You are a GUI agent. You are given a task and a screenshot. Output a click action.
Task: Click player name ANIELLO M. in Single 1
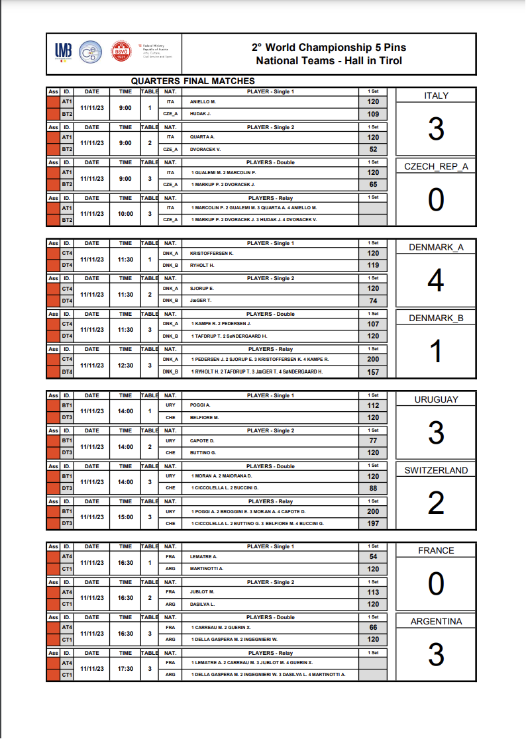point(203,102)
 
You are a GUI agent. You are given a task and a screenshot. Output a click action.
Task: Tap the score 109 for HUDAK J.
point(374,114)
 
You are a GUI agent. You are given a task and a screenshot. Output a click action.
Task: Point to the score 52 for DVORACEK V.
point(374,150)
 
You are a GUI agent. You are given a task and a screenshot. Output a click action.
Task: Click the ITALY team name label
point(436,95)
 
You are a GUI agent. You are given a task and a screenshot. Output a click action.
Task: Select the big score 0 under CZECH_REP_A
point(436,200)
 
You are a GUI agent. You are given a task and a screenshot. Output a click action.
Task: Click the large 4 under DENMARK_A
point(436,281)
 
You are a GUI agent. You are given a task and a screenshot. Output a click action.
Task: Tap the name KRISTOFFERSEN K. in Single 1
point(212,254)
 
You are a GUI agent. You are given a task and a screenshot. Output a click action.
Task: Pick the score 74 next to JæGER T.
point(374,301)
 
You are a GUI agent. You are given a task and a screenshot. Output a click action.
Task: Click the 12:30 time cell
point(125,366)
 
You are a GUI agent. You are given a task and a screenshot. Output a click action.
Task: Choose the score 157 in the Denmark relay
point(374,372)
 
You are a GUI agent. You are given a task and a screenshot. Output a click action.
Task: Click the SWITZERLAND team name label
point(436,470)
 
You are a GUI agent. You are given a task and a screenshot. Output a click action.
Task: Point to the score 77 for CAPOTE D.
point(374,440)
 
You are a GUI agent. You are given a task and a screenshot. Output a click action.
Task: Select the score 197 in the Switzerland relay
point(374,524)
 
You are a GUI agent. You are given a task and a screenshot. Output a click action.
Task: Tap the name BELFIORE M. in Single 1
point(204,418)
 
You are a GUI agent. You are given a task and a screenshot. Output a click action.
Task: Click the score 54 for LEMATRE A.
point(374,557)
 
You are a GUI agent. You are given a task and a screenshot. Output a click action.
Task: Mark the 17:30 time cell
point(125,669)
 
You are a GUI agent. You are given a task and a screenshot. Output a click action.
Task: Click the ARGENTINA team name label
point(436,621)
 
